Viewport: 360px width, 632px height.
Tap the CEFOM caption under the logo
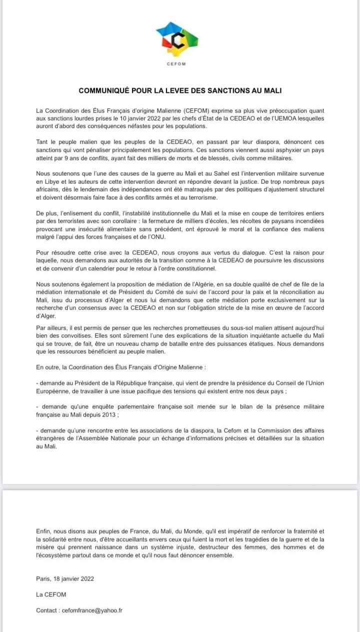[177, 64]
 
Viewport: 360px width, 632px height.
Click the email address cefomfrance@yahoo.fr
[92, 610]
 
